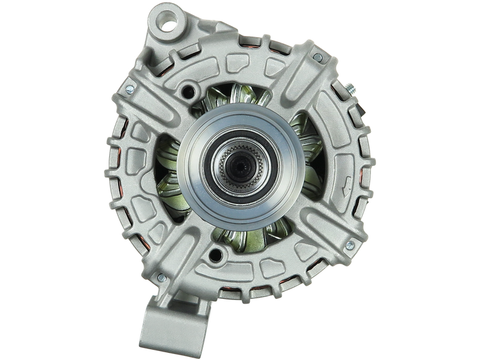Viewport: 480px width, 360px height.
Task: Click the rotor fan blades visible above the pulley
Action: pyautogui.click(x=240, y=99)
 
